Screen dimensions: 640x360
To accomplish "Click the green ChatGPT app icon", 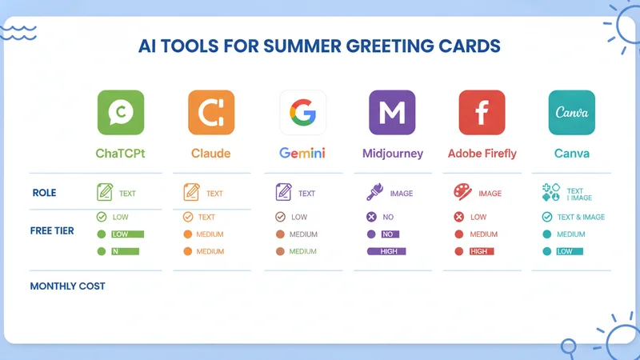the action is click(x=121, y=112).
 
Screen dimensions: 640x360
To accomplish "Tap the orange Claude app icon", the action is click(x=211, y=112).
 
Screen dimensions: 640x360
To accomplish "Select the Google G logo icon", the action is click(x=303, y=112).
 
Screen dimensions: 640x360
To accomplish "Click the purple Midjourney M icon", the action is click(x=392, y=112).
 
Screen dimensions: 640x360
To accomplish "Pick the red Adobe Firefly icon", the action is click(x=482, y=112).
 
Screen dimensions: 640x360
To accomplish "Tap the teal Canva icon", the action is click(x=572, y=112).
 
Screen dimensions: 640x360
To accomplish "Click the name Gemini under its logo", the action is click(x=302, y=153).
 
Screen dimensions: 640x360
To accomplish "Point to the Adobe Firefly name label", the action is click(x=482, y=154).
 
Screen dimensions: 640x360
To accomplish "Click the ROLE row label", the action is click(x=45, y=193).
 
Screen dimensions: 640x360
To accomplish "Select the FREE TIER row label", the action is click(x=52, y=230).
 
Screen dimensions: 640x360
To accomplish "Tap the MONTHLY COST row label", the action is click(x=68, y=286).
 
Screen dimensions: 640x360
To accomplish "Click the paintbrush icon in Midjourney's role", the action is click(x=374, y=192).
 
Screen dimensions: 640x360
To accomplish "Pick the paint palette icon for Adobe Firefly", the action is click(x=462, y=192).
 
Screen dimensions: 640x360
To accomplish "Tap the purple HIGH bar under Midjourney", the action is click(x=386, y=251).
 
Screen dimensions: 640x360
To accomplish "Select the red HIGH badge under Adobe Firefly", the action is click(x=482, y=251).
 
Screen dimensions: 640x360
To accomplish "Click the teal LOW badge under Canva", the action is click(x=570, y=251).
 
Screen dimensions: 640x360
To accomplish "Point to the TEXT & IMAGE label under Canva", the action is click(x=582, y=217).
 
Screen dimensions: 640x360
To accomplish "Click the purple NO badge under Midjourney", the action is click(x=390, y=234).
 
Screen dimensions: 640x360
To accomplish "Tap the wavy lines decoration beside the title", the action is click(x=18, y=33).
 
